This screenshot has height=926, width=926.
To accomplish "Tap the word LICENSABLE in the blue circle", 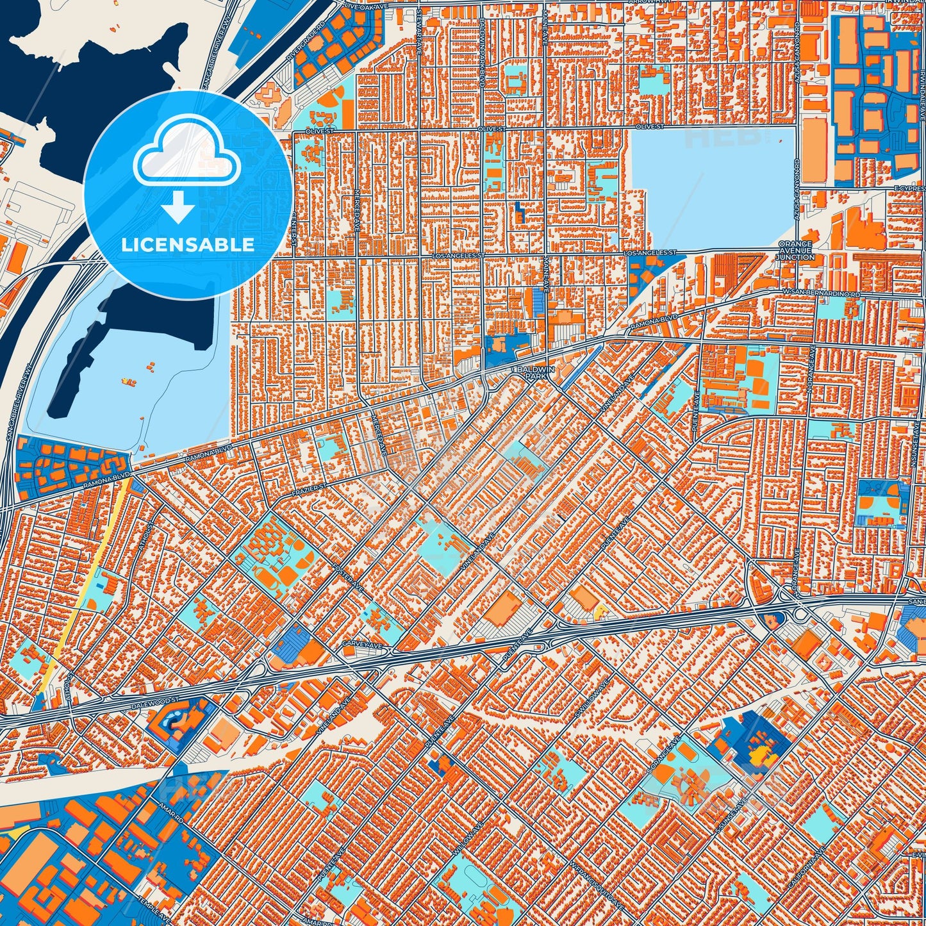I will (188, 245).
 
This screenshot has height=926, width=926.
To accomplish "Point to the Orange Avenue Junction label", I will (795, 251).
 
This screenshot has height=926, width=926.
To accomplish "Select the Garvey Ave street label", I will (357, 643).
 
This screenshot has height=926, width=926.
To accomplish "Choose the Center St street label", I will (294, 229).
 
